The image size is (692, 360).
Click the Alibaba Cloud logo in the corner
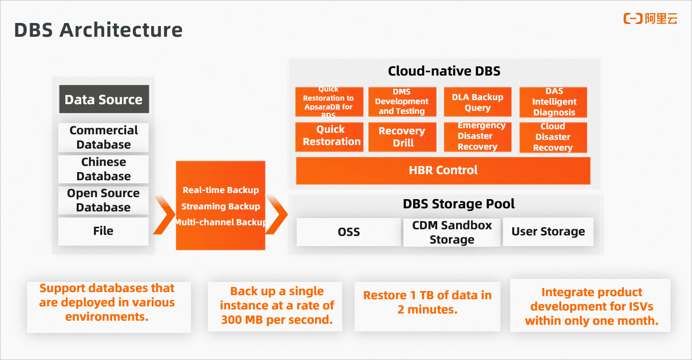point(650,19)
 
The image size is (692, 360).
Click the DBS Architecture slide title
point(98,30)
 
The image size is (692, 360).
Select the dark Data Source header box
point(104,99)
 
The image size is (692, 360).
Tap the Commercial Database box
point(104,137)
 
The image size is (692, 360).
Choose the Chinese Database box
point(104,169)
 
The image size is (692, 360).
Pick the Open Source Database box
point(104,200)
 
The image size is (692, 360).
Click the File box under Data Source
point(104,231)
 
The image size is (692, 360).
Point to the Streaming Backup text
point(221,206)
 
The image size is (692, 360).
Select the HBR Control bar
point(443,171)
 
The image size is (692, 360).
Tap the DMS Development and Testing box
point(402,102)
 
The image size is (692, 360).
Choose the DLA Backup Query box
point(478,102)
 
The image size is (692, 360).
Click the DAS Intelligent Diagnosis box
point(554,102)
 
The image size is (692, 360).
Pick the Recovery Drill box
point(402,137)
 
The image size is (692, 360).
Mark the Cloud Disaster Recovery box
point(553,137)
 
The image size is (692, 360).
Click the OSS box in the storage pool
point(349,232)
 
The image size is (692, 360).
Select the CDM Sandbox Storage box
point(452,232)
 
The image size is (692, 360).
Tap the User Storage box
point(548,232)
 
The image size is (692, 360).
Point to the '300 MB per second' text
point(277,320)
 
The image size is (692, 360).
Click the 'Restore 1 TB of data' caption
point(427,295)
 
